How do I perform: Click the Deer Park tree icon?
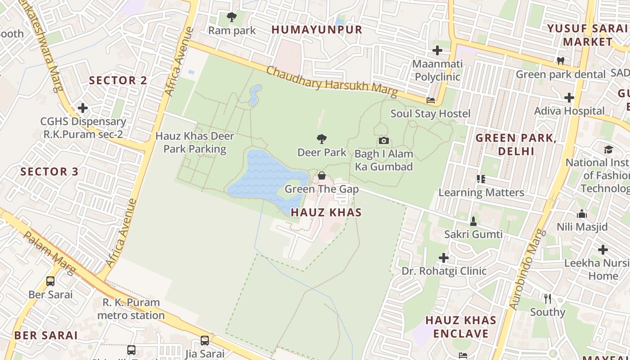(321, 139)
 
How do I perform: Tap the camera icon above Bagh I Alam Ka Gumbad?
(383, 140)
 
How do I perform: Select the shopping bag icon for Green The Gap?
(321, 175)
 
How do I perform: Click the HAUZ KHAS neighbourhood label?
(326, 212)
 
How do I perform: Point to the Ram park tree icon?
(232, 18)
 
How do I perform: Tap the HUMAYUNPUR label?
(317, 30)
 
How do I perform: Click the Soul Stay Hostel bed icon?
(431, 100)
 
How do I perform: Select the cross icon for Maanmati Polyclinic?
(437, 50)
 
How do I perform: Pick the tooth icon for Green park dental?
(560, 61)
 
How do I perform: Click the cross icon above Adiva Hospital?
(569, 97)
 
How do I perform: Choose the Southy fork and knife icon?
(548, 298)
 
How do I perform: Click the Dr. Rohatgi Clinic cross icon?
(444, 258)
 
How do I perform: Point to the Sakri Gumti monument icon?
(473, 221)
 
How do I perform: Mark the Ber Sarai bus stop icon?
(50, 281)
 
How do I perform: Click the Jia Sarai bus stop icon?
(205, 341)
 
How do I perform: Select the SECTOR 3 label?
(49, 171)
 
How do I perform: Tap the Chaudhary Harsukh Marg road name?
(332, 82)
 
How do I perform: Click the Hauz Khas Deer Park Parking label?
(194, 142)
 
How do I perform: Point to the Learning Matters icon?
(481, 179)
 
